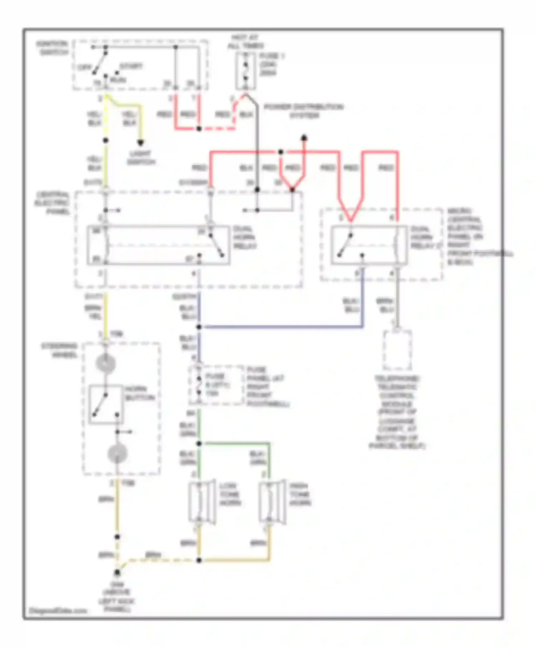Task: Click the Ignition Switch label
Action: pos(53,48)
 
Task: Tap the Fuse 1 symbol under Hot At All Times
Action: pos(245,71)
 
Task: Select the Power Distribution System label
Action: pos(304,111)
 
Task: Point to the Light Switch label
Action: pos(141,158)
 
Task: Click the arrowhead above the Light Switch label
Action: pos(140,143)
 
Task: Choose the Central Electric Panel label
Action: pos(53,203)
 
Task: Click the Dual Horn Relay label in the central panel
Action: pos(245,237)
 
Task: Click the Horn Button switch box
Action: pos(106,404)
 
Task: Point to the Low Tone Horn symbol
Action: pos(201,502)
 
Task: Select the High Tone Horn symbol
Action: pos(272,502)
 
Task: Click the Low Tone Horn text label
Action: pos(230,494)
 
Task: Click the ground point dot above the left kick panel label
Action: pos(117,573)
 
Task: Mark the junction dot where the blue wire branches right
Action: pos(199,327)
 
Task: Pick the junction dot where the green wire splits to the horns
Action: pos(199,444)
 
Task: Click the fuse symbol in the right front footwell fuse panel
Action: pos(199,385)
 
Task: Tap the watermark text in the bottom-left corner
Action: pos(58,611)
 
